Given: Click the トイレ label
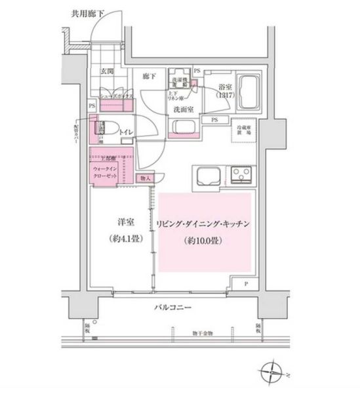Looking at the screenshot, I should click(127, 133).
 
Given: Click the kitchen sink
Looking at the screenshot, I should click(208, 175).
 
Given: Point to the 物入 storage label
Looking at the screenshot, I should click(145, 178).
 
